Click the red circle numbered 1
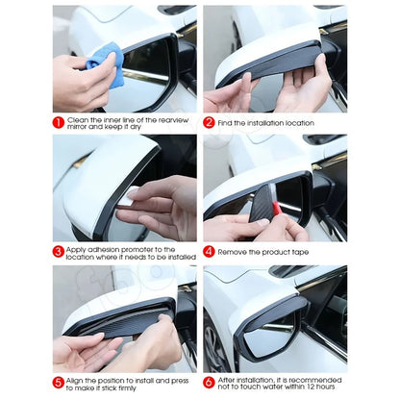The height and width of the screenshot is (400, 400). tap(59, 123)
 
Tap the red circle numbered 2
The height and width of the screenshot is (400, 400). tap(209, 123)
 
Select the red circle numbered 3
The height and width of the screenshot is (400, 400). tap(59, 253)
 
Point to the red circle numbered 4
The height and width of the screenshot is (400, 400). tap(209, 251)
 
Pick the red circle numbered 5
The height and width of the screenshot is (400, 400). tap(59, 383)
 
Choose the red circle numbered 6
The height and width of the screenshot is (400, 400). tap(209, 383)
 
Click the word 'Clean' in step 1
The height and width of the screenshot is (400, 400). tap(77, 118)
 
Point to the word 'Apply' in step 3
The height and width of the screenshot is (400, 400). tap(77, 247)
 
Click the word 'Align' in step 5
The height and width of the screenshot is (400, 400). tap(76, 378)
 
